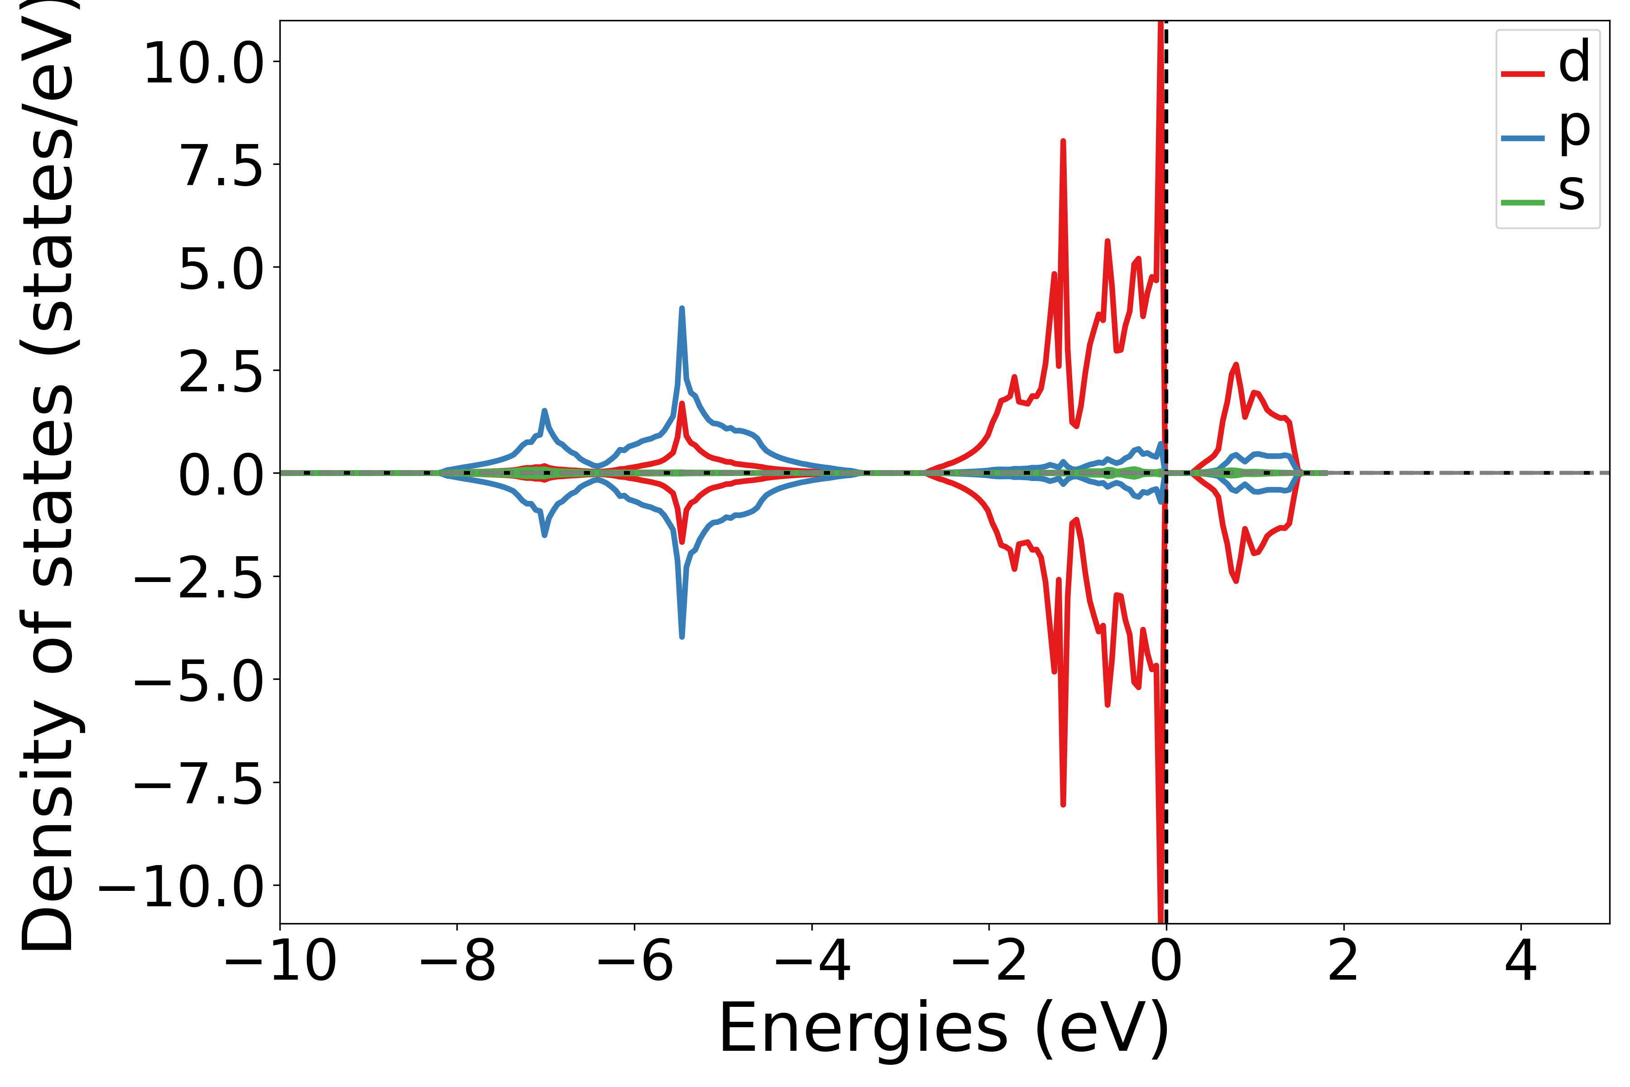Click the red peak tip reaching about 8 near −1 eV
click(1063, 141)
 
